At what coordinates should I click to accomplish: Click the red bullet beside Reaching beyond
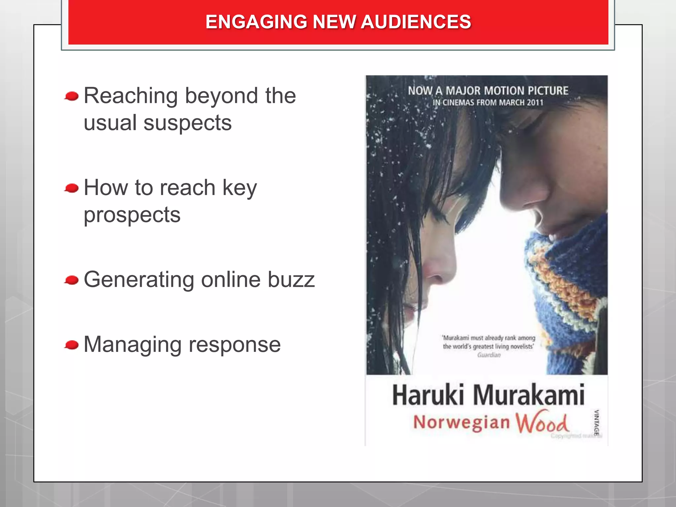[72, 96]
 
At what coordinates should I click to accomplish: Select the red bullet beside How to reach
[72, 188]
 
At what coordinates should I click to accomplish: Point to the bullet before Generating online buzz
[72, 280]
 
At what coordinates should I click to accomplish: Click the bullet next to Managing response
[72, 345]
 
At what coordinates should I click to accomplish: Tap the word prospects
[132, 215]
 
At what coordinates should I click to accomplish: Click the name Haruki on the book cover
[428, 395]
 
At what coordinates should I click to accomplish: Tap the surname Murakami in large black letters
[529, 395]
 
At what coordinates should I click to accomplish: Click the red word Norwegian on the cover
[461, 422]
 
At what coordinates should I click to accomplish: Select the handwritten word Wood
[542, 422]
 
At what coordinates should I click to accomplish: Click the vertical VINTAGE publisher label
[596, 423]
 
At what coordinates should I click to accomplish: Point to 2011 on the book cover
[535, 103]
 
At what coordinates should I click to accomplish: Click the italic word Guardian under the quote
[489, 355]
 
